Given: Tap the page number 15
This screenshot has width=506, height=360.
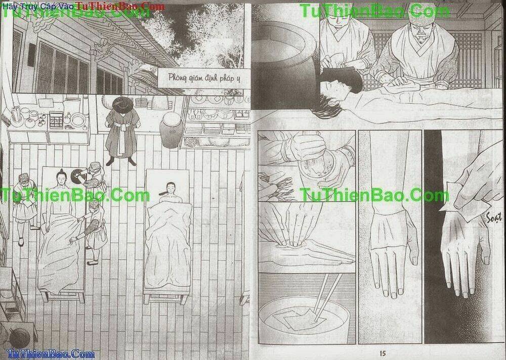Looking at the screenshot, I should (x=383, y=353).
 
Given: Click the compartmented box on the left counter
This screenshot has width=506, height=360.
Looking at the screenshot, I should (x=56, y=120).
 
